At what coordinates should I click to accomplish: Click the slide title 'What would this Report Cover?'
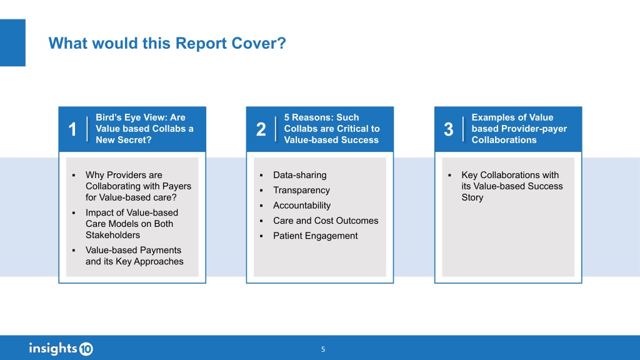click(x=167, y=43)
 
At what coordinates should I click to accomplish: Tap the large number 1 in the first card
click(x=72, y=130)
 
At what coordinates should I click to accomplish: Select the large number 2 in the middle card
click(x=261, y=129)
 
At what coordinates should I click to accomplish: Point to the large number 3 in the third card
click(x=449, y=130)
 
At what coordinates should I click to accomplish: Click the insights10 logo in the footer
click(x=61, y=349)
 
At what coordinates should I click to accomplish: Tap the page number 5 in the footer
click(x=323, y=349)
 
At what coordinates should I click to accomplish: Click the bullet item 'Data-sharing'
click(x=299, y=175)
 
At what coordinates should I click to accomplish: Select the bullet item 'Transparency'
click(x=301, y=190)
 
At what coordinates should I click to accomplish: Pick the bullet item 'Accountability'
click(x=302, y=205)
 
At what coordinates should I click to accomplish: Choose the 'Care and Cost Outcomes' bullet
click(x=326, y=221)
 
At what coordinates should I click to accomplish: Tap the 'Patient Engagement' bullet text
click(x=316, y=236)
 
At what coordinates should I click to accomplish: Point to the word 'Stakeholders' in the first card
click(x=112, y=235)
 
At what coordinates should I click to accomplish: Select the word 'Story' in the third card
click(x=472, y=197)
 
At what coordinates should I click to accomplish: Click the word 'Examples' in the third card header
click(x=491, y=117)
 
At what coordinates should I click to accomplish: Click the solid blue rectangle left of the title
click(x=12, y=42)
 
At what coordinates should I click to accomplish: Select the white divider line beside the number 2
click(x=276, y=129)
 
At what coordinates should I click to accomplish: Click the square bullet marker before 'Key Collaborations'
click(x=450, y=176)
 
